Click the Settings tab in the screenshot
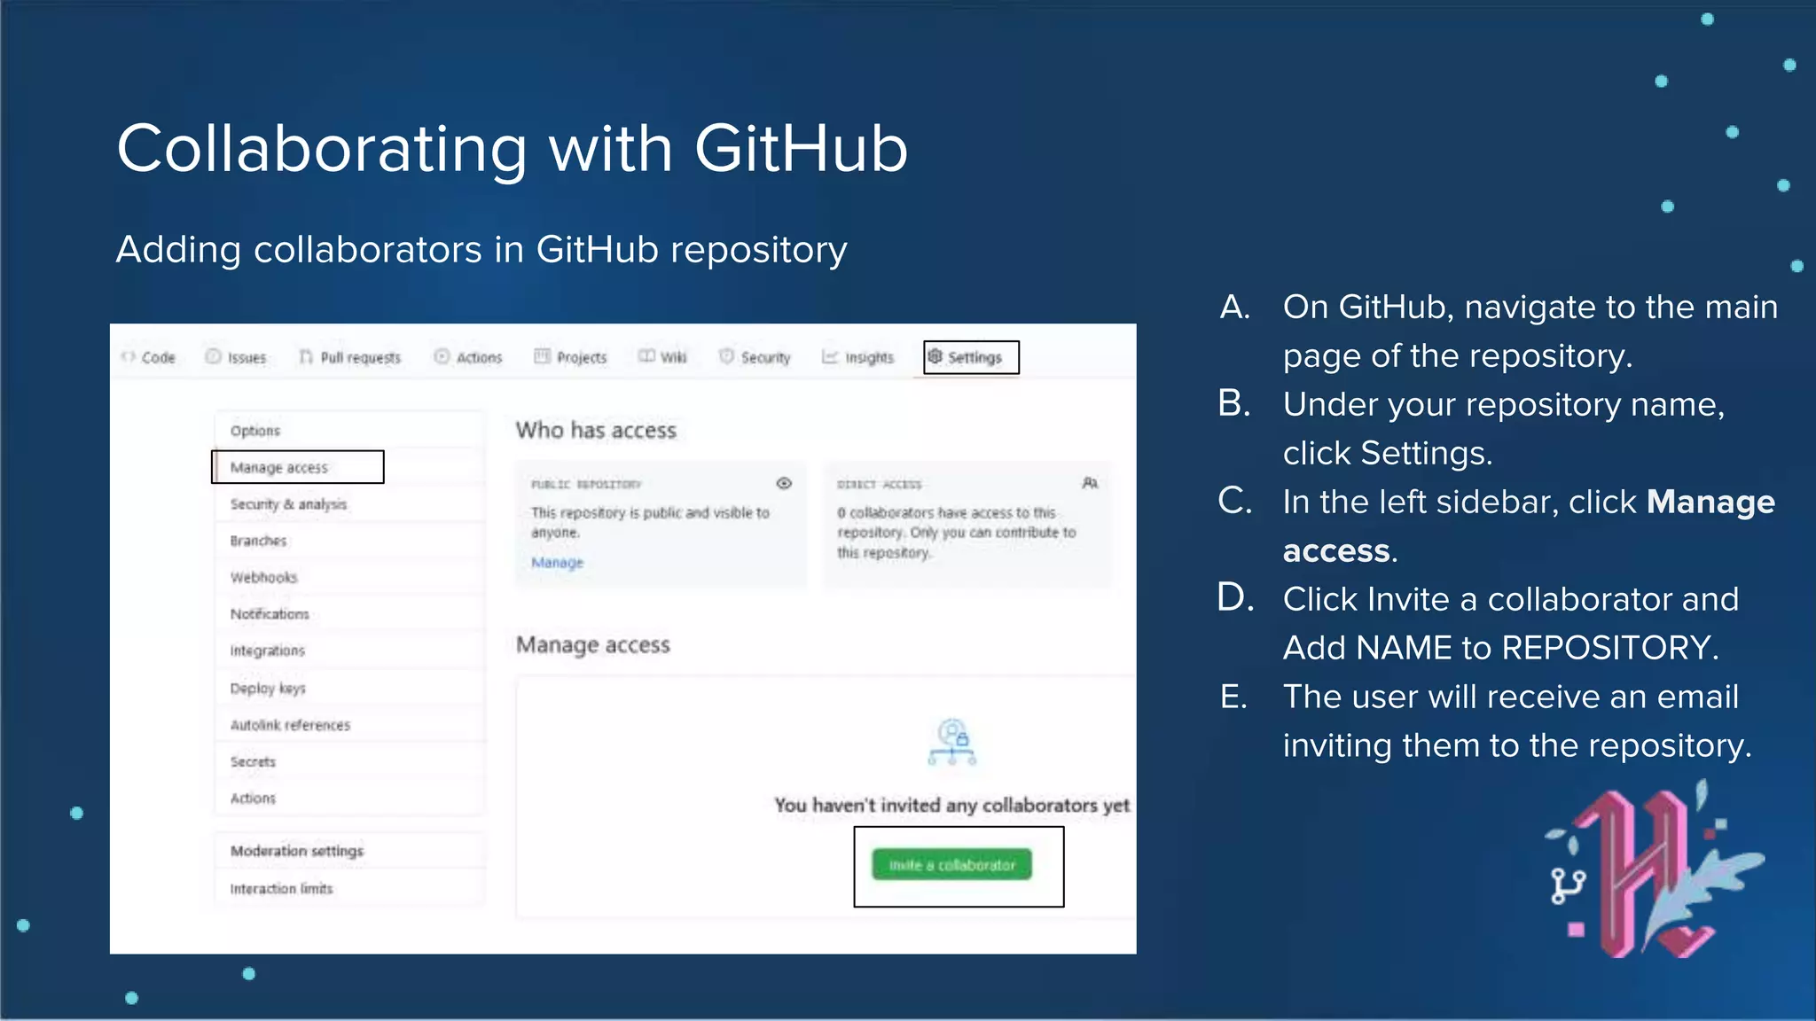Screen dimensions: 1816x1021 point(972,357)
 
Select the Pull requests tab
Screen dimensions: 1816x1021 point(351,357)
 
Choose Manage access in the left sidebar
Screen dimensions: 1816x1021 point(279,467)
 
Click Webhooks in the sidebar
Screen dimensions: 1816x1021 point(263,577)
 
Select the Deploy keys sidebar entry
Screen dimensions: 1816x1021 point(268,688)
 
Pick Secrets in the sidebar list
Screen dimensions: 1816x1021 point(253,761)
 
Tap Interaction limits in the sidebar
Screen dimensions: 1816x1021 point(281,888)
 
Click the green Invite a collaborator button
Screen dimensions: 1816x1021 point(951,864)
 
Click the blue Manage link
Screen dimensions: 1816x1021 point(557,563)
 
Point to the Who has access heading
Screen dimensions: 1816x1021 point(596,431)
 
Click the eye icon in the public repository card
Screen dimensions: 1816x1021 point(784,483)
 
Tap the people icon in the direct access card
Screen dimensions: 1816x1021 point(1090,483)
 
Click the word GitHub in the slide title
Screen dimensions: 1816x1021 point(801,149)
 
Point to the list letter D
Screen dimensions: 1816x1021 point(1235,598)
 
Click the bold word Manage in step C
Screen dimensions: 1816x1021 point(1710,502)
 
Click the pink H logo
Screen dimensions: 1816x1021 point(1640,873)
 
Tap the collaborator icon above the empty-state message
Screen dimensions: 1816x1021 point(952,742)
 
